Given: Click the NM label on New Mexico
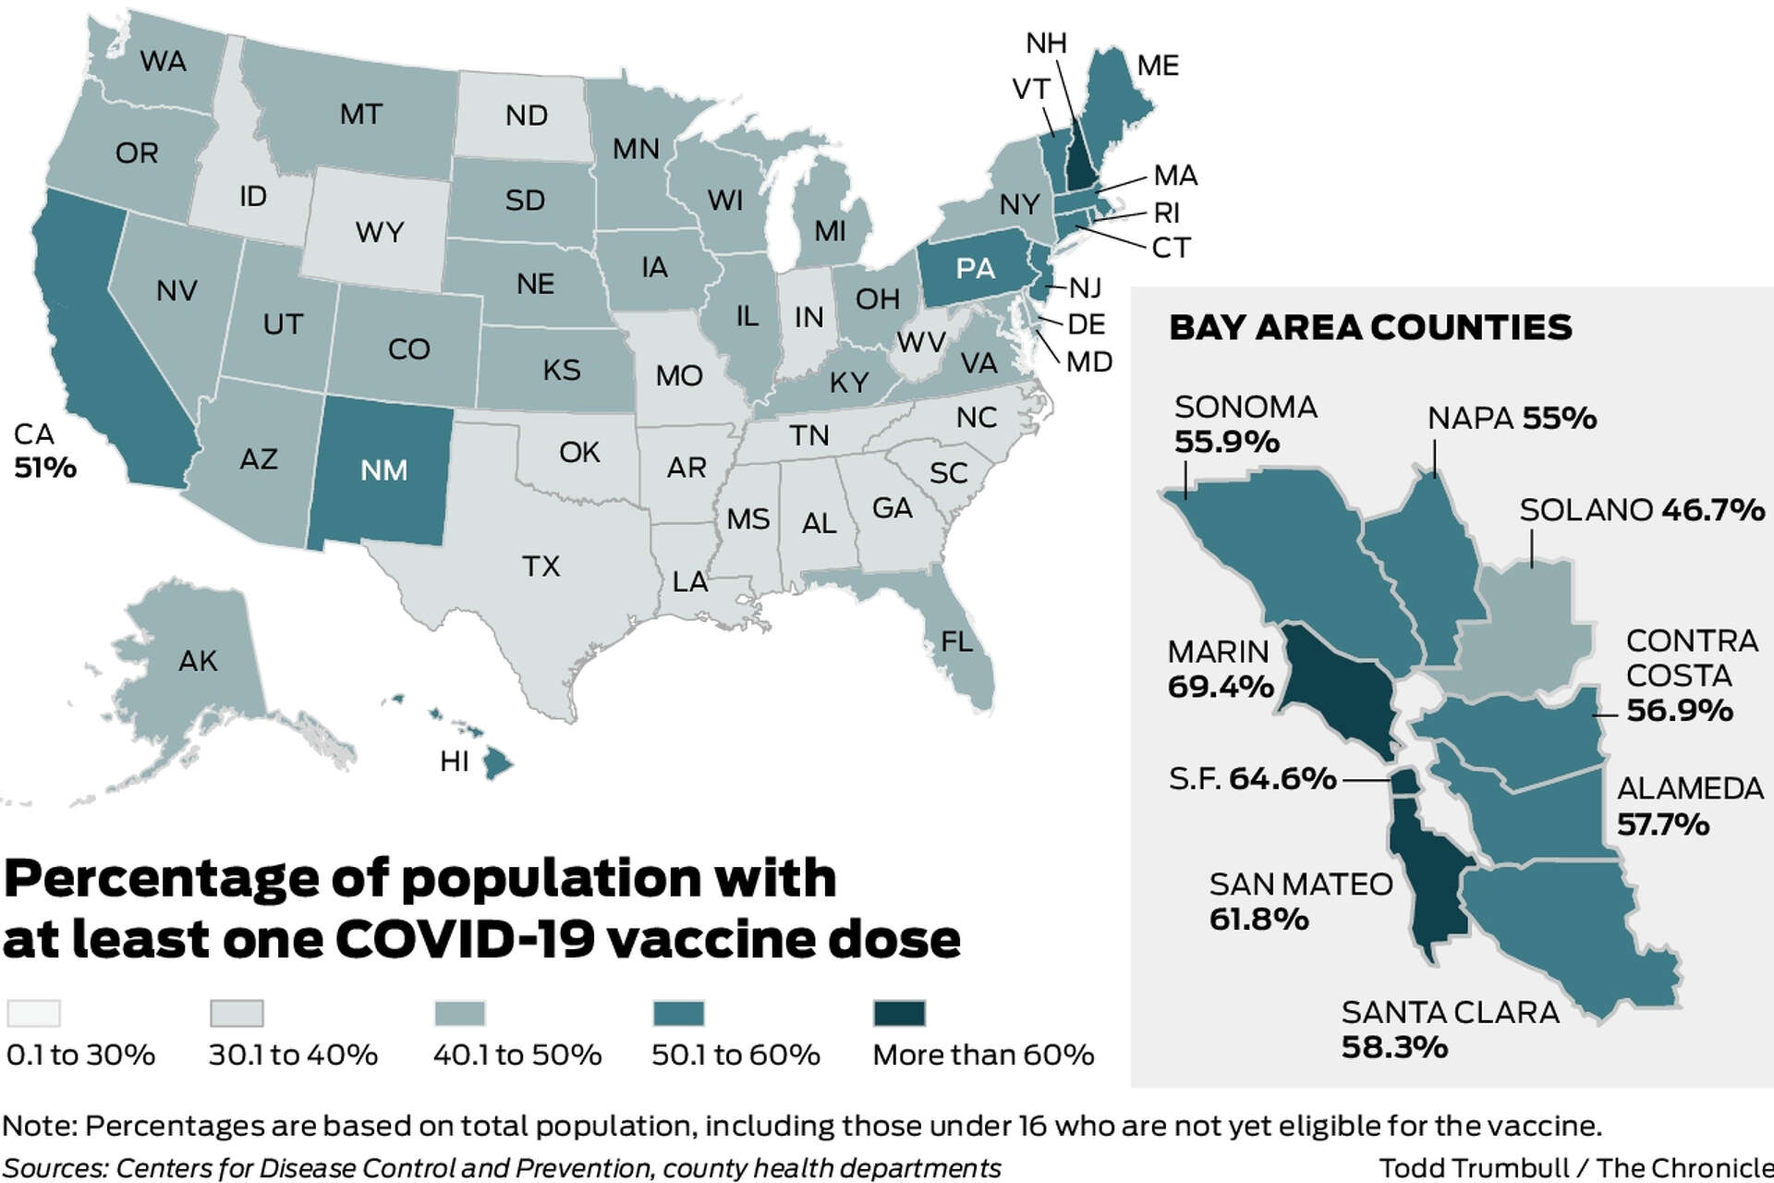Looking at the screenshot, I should (383, 470).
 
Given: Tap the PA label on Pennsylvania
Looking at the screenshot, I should (976, 269).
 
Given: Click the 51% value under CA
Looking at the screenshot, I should (44, 468).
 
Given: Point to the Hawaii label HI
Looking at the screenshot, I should (455, 762).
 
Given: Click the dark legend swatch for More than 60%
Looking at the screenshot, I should (899, 1013).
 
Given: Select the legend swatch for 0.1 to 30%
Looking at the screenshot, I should (33, 1013).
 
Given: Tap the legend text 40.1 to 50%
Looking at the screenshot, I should (517, 1055).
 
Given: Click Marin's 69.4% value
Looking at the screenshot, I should (1221, 687).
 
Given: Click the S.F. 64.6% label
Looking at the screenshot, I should (1252, 779).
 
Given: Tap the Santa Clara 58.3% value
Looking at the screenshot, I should (1394, 1047).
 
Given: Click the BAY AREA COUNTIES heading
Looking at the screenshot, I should (1370, 327).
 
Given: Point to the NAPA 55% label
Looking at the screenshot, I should (1512, 419).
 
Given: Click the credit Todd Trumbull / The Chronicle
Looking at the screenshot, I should (1575, 1167).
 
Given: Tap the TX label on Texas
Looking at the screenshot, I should (541, 566).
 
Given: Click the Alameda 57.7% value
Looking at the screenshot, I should (1663, 823).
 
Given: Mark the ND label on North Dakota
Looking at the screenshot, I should (527, 116).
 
